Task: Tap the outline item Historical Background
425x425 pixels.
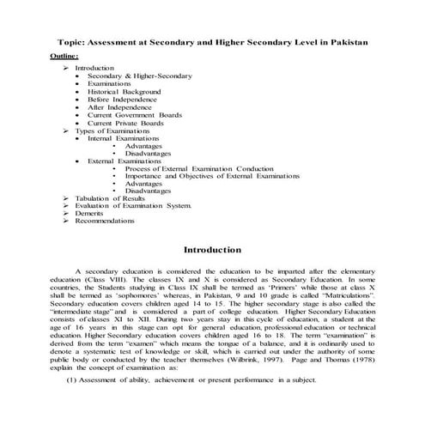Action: [x=124, y=91]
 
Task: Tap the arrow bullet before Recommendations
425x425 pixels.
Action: [x=65, y=222]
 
